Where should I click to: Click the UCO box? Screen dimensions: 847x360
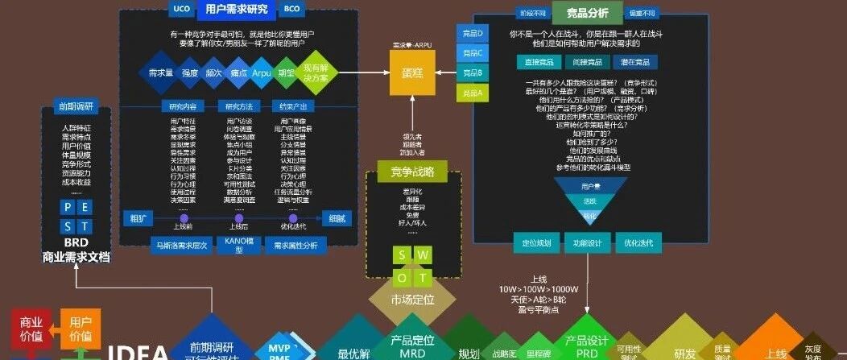(x=181, y=10)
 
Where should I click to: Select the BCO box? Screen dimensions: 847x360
(x=291, y=10)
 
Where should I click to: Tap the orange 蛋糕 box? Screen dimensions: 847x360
(x=411, y=72)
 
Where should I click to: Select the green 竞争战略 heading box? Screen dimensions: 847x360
(x=412, y=172)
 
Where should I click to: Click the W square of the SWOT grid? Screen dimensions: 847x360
(x=423, y=256)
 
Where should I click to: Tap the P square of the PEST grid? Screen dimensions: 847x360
(x=68, y=208)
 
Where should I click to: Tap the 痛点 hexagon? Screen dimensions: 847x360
(x=238, y=72)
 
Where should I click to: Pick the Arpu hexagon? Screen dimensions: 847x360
(x=262, y=72)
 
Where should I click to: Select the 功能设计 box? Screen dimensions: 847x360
(x=588, y=242)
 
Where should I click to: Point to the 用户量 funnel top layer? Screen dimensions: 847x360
(x=590, y=186)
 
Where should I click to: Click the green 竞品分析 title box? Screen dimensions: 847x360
(x=588, y=13)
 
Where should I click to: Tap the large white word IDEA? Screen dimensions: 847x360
(x=138, y=352)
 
